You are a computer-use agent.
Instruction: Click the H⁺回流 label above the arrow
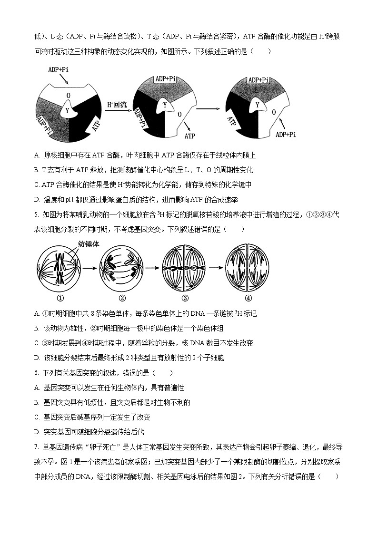point(117,105)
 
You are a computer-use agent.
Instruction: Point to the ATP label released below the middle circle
point(189,136)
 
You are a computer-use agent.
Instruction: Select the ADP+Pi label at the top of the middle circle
point(165,79)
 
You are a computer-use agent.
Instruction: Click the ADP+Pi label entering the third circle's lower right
point(286,135)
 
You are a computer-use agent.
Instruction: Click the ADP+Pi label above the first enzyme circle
point(58,69)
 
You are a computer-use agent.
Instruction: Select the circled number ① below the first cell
point(60,298)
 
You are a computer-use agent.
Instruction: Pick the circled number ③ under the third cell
point(185,298)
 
